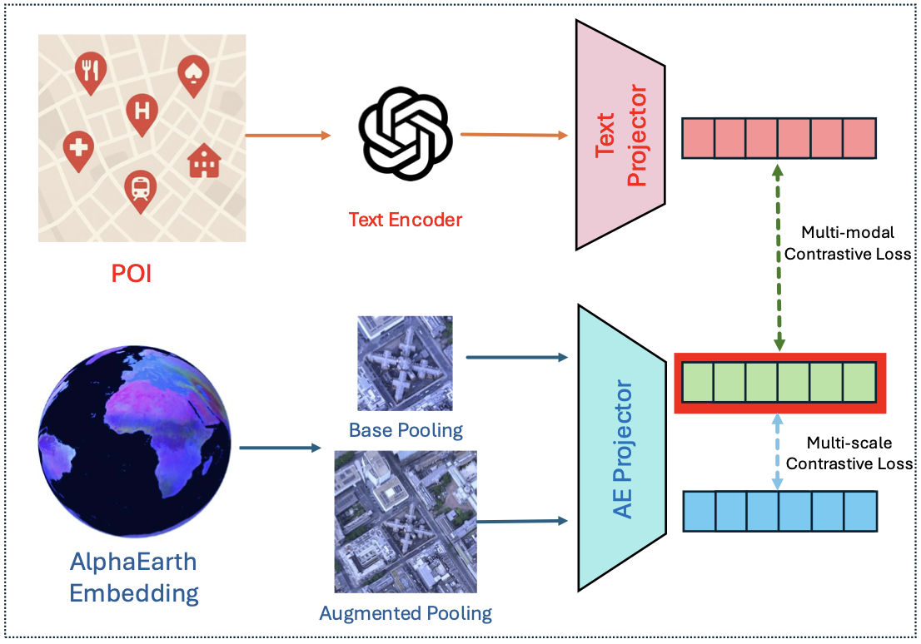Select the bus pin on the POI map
pos(140,190)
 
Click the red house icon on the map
pos(202,162)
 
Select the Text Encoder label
pos(405,220)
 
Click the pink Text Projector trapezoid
pos(620,135)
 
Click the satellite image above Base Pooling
pos(405,363)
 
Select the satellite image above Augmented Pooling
pos(406,521)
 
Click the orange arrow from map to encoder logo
pos(288,135)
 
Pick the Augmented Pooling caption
pos(406,614)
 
